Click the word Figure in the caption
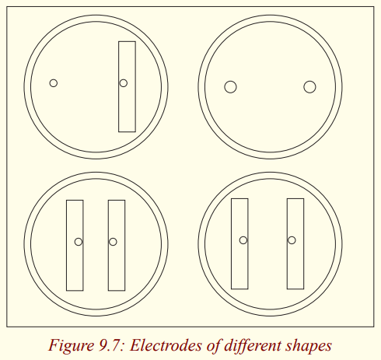point(71,346)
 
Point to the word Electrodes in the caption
point(166,345)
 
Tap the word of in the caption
point(214,346)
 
